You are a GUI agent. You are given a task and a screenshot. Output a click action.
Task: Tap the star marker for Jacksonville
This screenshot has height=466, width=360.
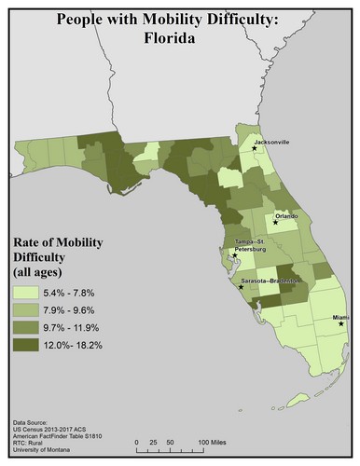tap(255, 148)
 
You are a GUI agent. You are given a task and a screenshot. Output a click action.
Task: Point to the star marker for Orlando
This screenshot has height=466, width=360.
tap(275, 223)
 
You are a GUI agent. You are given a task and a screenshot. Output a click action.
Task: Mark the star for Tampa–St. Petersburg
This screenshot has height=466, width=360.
tap(235, 254)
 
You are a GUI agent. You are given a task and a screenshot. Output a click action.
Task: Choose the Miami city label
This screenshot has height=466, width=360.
tap(340, 317)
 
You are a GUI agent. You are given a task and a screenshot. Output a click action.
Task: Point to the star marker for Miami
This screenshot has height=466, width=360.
tap(341, 324)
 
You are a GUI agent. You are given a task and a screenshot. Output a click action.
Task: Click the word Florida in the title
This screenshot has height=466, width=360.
tap(180, 41)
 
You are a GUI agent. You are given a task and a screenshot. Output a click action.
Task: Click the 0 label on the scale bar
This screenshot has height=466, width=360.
tap(137, 441)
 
